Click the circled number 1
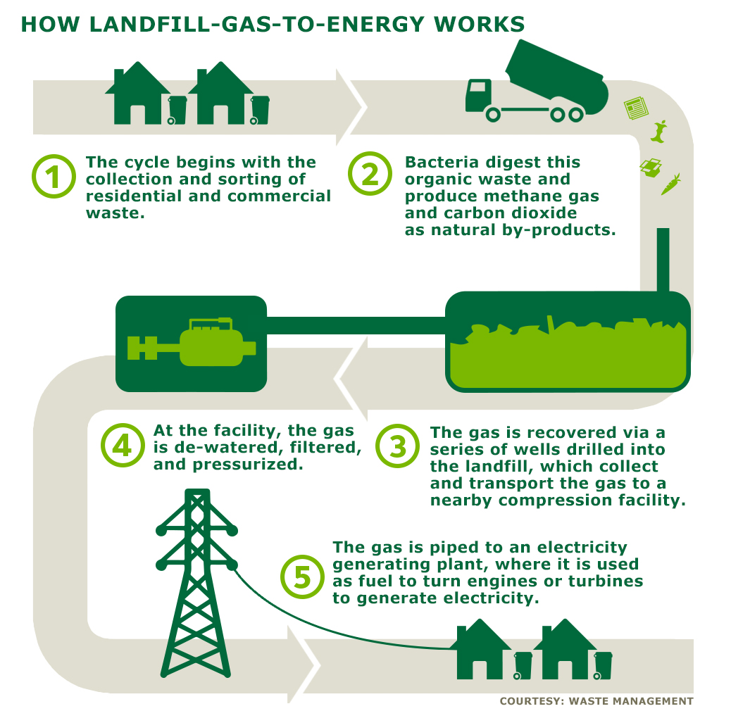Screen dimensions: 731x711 click(x=54, y=176)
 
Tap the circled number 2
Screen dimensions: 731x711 click(x=370, y=174)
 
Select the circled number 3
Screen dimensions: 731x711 click(x=398, y=446)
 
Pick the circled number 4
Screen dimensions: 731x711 click(x=123, y=446)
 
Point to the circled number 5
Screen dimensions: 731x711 click(x=302, y=577)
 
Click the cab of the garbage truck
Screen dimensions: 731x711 click(x=479, y=96)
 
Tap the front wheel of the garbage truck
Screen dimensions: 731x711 click(x=493, y=114)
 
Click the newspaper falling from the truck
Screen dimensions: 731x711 click(x=636, y=108)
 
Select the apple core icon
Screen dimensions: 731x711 click(x=659, y=132)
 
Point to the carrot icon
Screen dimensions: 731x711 click(x=670, y=184)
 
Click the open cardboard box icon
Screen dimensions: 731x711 click(x=651, y=168)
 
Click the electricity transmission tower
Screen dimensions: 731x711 click(x=196, y=583)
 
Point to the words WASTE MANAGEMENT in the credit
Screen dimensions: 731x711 click(x=631, y=700)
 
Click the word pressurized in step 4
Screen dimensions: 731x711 click(x=248, y=465)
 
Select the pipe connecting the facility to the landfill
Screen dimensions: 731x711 click(x=356, y=325)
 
